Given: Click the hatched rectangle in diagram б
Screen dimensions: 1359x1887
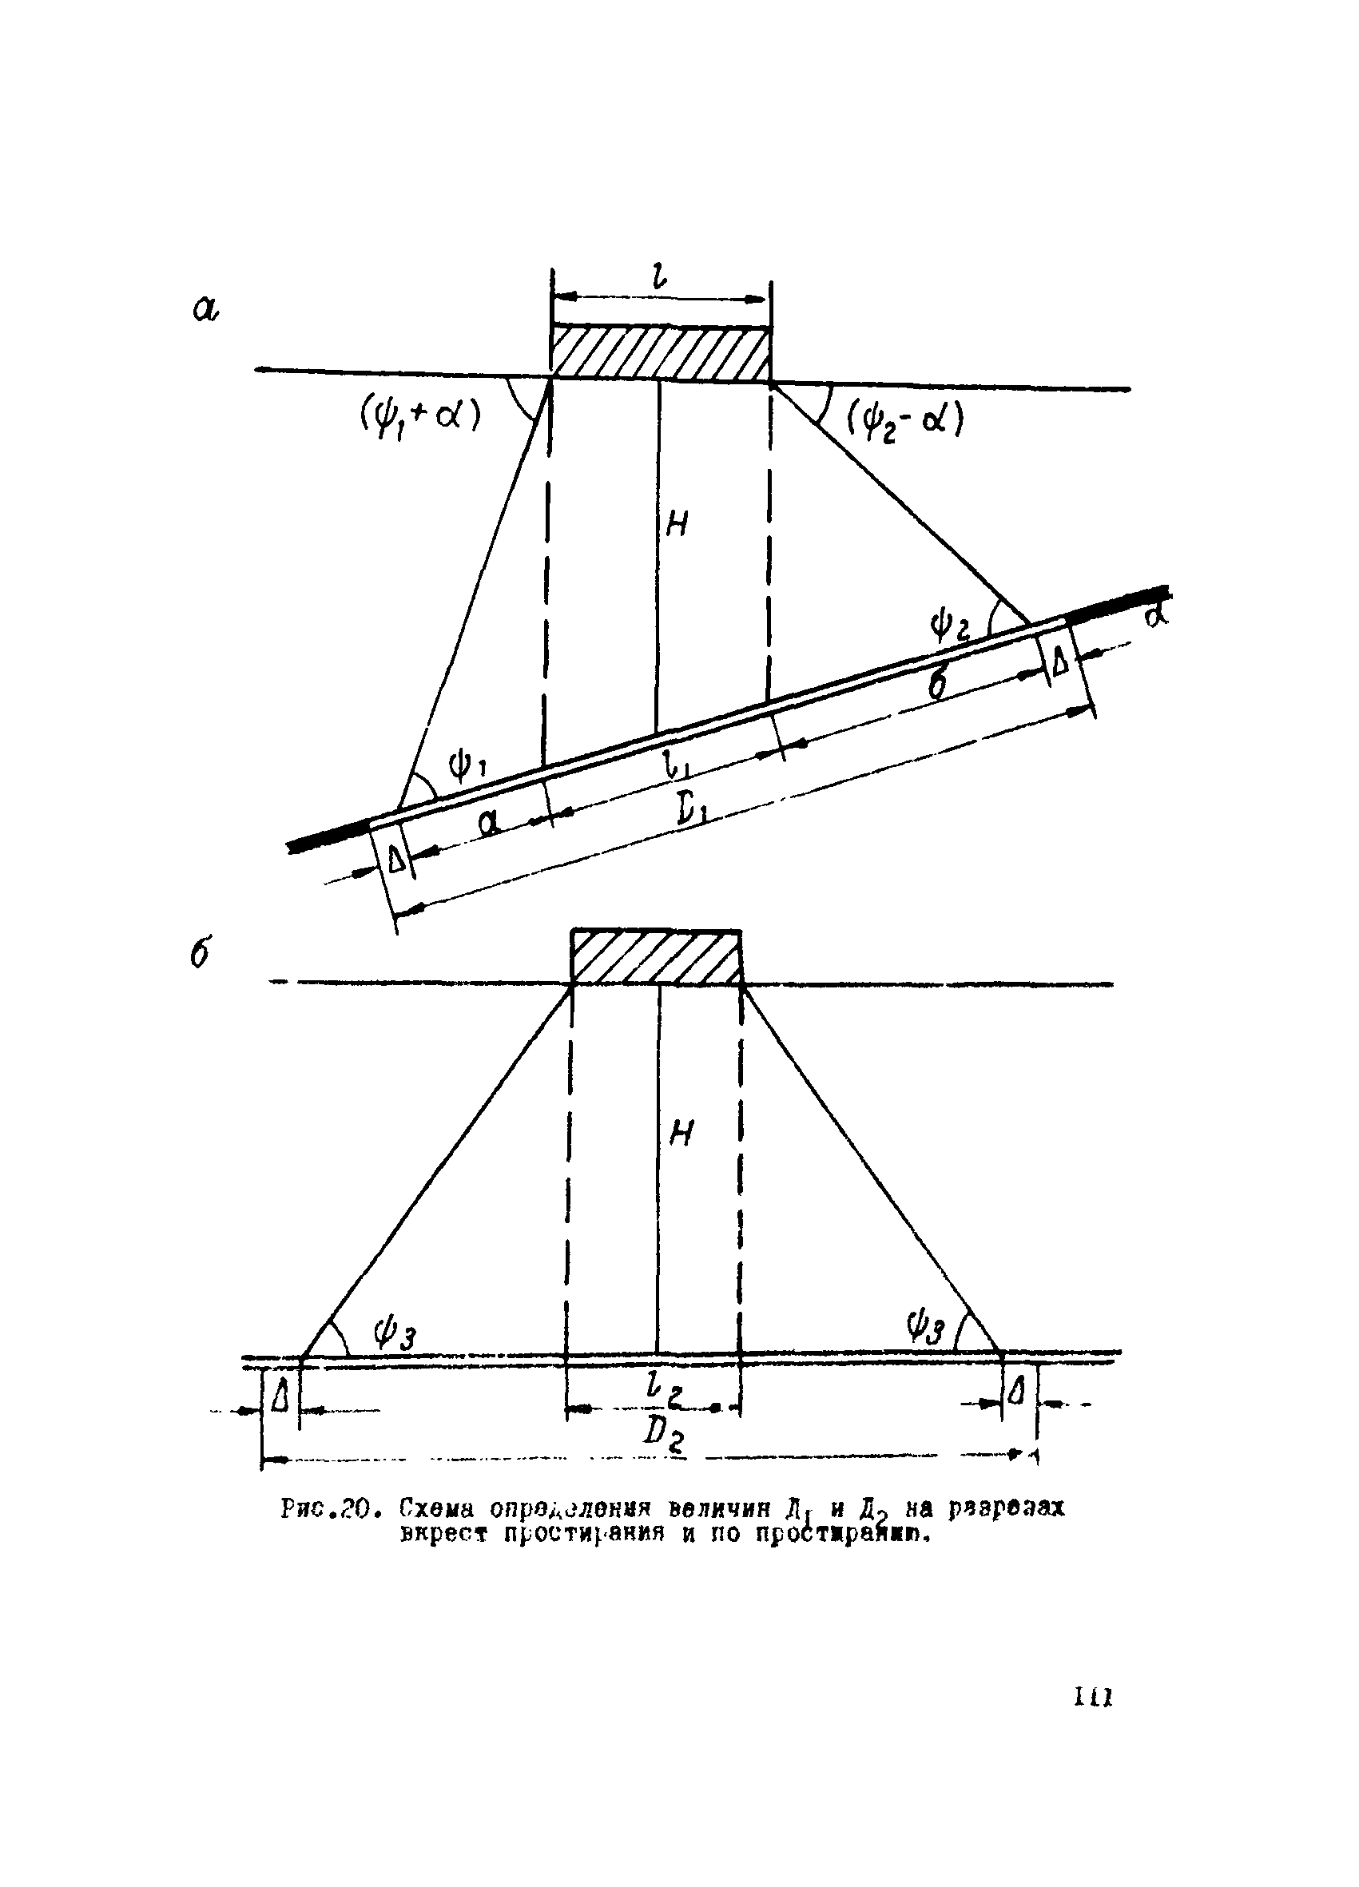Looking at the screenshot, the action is pos(656,957).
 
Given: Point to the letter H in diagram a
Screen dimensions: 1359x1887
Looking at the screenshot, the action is pos(678,524).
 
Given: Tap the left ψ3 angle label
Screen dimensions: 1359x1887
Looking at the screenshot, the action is pos(394,1337).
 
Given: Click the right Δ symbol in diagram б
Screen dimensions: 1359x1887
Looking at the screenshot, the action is pos(1016,1391).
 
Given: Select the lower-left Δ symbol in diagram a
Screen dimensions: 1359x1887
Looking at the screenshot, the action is pos(397,859).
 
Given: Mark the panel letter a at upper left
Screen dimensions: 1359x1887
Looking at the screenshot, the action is pos(205,309).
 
